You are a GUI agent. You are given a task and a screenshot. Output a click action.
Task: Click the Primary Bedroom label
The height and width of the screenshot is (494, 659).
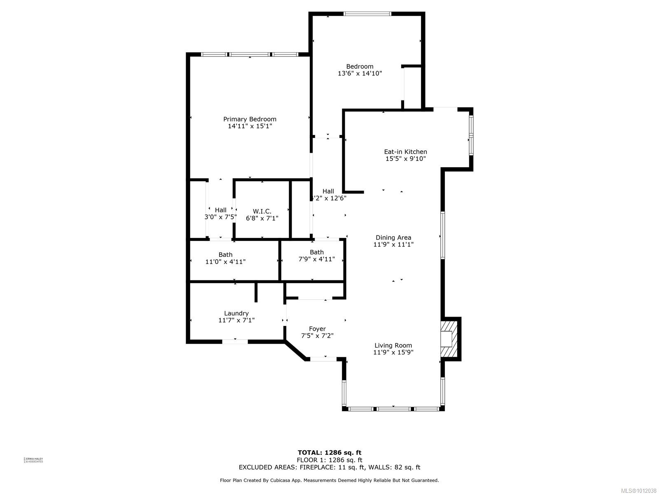point(250,119)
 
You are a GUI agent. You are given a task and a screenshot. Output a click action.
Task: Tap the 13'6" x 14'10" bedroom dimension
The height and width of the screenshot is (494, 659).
point(360,74)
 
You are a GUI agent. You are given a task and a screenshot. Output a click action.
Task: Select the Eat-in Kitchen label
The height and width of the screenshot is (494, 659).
point(405,151)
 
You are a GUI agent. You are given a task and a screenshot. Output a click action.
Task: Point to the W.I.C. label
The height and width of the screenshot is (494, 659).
point(262,211)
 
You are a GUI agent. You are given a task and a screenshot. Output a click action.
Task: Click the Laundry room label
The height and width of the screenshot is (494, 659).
point(236,313)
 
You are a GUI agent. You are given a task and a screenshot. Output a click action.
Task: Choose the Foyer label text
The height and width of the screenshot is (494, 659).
point(317,329)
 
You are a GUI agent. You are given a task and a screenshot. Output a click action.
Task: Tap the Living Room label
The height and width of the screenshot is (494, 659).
point(393,345)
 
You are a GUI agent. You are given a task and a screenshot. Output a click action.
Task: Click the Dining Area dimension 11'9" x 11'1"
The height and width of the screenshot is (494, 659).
point(393,245)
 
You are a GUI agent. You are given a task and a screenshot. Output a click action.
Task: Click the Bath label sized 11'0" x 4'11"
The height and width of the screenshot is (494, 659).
point(225,254)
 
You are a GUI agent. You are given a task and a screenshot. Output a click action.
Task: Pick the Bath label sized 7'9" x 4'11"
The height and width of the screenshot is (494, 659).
point(316,252)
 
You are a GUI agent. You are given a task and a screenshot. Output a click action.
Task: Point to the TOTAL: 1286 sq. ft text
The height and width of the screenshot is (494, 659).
point(329,453)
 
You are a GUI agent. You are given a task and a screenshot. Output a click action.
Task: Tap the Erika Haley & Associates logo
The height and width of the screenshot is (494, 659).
point(34,460)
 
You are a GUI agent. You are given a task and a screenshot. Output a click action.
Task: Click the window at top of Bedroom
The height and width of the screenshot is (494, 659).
point(367,14)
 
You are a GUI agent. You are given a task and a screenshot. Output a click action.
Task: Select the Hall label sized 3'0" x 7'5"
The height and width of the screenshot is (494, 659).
point(220,210)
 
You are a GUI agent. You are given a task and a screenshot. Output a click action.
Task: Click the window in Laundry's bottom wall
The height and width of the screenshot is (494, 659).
point(235,341)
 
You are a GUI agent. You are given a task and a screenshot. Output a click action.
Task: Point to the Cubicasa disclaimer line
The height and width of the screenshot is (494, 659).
point(329,480)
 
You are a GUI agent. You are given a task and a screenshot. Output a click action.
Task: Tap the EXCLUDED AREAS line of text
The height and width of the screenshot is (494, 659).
point(329,467)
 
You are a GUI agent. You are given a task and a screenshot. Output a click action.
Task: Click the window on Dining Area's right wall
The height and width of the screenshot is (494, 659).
point(443,235)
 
